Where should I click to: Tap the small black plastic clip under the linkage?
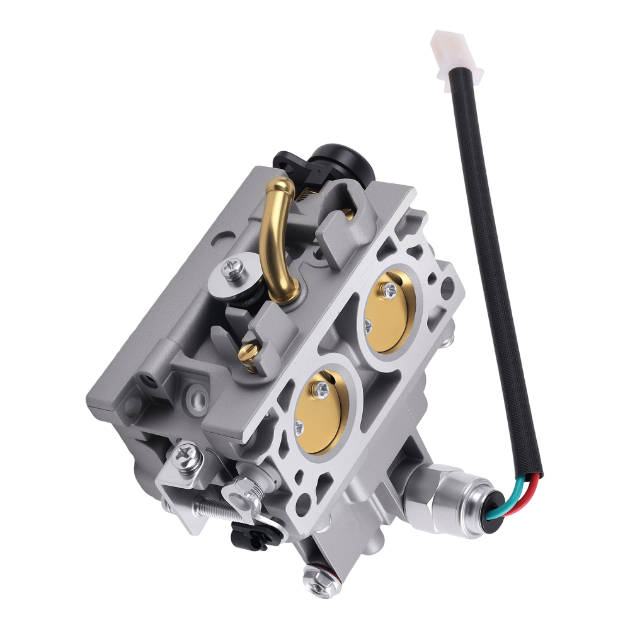coord(243,535)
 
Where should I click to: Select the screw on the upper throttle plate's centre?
coord(391,289)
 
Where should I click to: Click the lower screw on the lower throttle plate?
coord(298,430)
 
